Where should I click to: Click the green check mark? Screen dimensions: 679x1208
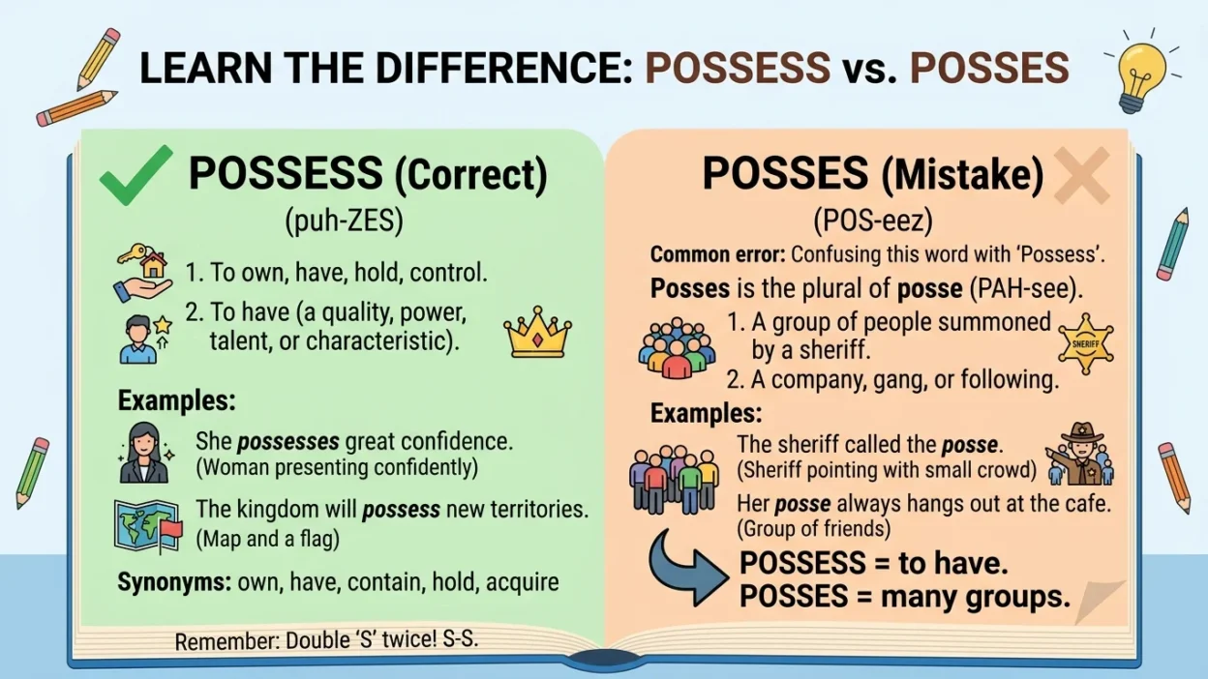point(136,176)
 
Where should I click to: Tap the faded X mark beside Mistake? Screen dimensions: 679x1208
point(1081,176)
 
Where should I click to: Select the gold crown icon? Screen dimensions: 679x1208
point(537,333)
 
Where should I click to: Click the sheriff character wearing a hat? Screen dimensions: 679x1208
point(1076,455)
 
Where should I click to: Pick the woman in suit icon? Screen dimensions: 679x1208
point(144,452)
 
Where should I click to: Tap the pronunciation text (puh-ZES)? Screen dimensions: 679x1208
point(344,221)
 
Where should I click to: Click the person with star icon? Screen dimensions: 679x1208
point(143,338)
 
